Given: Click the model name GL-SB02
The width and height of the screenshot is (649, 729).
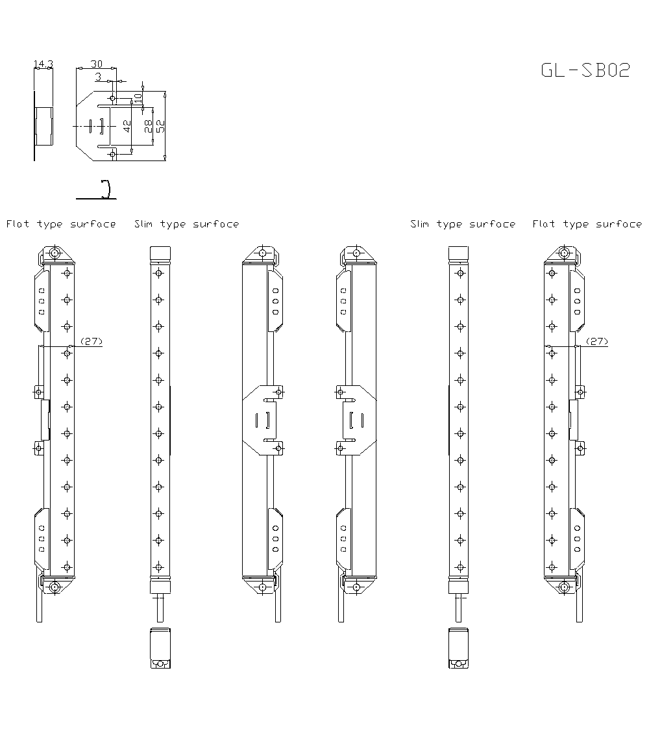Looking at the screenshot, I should [x=585, y=70].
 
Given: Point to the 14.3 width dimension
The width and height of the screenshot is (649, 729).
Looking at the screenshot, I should [x=43, y=64].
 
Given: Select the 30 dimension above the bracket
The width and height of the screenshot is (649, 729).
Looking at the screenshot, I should [x=96, y=64].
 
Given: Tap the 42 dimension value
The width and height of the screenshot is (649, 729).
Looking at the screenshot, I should [x=127, y=126].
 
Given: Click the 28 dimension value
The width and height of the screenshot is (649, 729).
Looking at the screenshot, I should [x=149, y=126].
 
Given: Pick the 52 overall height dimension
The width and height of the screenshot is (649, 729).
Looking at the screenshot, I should [x=160, y=126].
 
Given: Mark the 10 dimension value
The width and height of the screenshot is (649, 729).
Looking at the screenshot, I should [x=138, y=97].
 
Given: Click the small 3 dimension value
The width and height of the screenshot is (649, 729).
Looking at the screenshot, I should [x=98, y=77].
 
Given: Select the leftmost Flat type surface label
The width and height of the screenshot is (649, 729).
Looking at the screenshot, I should [x=61, y=224].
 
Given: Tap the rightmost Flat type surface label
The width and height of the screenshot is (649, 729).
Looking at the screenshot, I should [x=587, y=224].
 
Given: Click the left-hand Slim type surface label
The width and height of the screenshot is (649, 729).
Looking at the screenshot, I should [x=186, y=224].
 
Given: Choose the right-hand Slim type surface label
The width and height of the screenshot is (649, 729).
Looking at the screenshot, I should [x=463, y=224].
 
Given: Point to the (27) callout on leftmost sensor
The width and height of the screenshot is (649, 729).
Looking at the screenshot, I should [x=92, y=341].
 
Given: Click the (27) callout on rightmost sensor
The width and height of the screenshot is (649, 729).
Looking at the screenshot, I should [x=597, y=341].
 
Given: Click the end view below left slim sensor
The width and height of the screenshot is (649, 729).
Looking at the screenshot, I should [x=159, y=648].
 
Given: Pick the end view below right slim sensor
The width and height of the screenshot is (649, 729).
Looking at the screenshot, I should [x=458, y=648].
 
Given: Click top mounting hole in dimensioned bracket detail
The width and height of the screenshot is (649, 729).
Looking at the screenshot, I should [x=112, y=98].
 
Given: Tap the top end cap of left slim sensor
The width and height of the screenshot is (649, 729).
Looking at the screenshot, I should [x=159, y=253].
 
